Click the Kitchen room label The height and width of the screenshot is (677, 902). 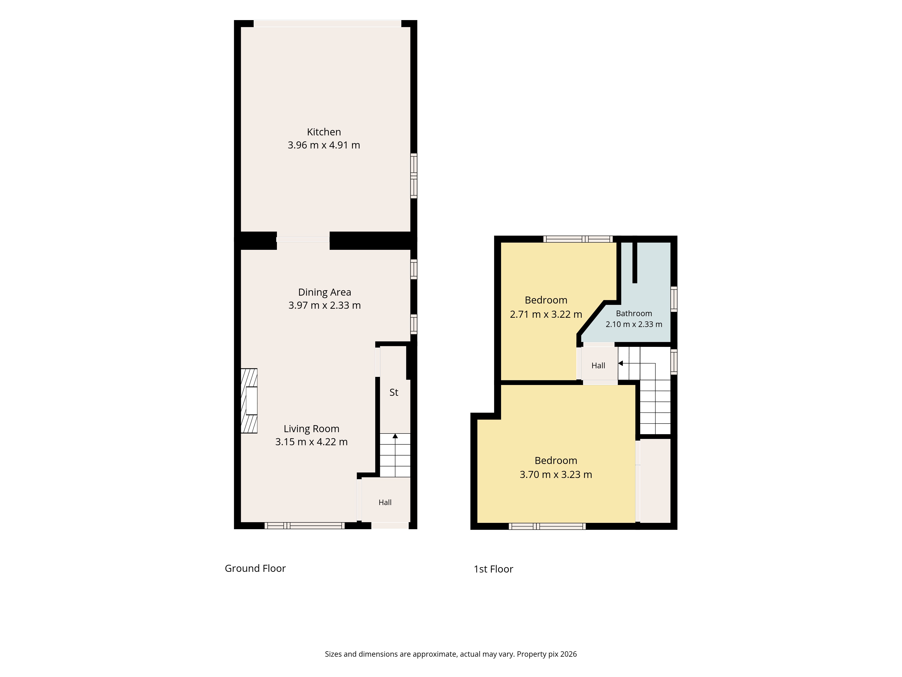[324, 132]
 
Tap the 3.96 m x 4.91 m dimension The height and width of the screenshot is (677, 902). [324, 145]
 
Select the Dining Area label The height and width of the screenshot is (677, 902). [324, 292]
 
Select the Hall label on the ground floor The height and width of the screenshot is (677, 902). [385, 502]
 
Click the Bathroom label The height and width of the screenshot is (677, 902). [634, 313]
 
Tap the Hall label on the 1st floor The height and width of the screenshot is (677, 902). [598, 366]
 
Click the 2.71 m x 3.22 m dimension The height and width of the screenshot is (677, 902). [546, 314]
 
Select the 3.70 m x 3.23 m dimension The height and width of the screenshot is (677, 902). [556, 474]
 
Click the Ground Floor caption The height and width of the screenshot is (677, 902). [255, 568]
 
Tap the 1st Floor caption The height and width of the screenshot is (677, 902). [493, 569]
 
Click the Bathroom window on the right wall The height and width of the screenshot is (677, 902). [674, 299]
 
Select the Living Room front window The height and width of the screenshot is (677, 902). [305, 526]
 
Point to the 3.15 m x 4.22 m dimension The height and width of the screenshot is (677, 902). [312, 442]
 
